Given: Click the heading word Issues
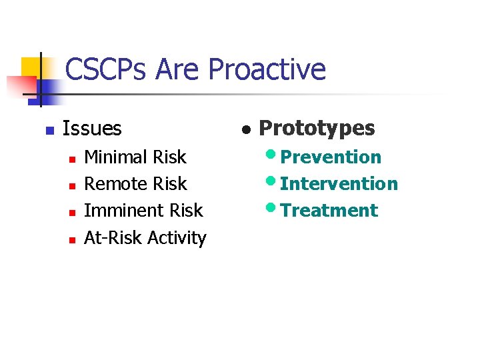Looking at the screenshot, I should click(x=92, y=128).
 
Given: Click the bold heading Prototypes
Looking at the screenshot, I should click(x=317, y=128).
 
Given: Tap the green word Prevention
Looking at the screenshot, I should click(x=331, y=157).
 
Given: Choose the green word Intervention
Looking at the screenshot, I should click(x=339, y=184).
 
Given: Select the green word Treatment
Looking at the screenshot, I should click(x=329, y=211).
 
